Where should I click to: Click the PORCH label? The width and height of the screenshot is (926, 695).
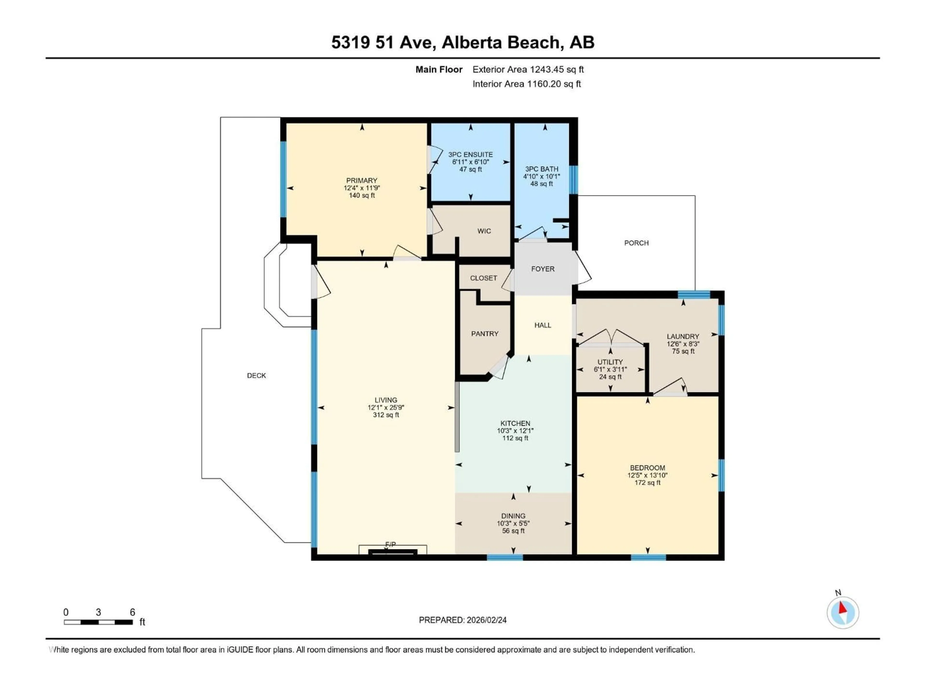point(636,243)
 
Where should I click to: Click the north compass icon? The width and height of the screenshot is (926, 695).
point(843,612)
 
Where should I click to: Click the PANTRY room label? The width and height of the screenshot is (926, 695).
point(485,334)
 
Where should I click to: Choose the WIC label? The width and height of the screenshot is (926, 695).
point(484,231)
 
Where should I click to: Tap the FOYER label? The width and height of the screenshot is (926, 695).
point(543,269)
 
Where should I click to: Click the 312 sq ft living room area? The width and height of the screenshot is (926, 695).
point(386,415)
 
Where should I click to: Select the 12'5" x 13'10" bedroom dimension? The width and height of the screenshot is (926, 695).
point(647,475)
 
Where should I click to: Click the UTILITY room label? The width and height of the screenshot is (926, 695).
point(610,362)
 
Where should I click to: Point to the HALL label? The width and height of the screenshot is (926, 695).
point(543,325)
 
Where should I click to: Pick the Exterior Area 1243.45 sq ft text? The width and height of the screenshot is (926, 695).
point(528,69)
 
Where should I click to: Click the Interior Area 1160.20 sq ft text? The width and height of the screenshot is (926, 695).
point(527,84)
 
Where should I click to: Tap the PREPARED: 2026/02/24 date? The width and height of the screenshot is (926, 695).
point(463,620)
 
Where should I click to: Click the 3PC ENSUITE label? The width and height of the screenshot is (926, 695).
point(470,155)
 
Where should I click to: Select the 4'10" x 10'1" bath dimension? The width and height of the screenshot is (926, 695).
point(541,176)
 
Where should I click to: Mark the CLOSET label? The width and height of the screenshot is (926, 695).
point(483,278)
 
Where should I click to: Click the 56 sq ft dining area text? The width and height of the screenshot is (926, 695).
point(513,531)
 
